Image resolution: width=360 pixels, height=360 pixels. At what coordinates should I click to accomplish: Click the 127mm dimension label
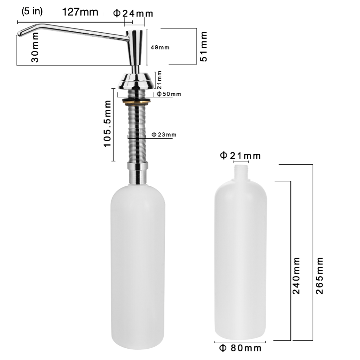pyautogui.click(x=80, y=12)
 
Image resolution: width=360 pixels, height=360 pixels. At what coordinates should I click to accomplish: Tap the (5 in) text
pyautogui.click(x=32, y=11)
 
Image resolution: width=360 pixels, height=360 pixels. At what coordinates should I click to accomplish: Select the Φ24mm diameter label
pyautogui.click(x=133, y=13)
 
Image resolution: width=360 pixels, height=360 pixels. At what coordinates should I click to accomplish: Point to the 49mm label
pyautogui.click(x=160, y=47)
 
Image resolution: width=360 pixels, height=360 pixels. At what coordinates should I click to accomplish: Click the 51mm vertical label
pyautogui.click(x=203, y=46)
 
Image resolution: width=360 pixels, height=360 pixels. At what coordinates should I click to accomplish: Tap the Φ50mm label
pyautogui.click(x=169, y=94)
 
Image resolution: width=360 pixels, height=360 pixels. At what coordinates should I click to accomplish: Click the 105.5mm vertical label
pyautogui.click(x=107, y=124)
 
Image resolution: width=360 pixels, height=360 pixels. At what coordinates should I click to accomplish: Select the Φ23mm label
pyautogui.click(x=164, y=135)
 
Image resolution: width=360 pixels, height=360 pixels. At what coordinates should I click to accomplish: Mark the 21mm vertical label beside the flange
pyautogui.click(x=160, y=78)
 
